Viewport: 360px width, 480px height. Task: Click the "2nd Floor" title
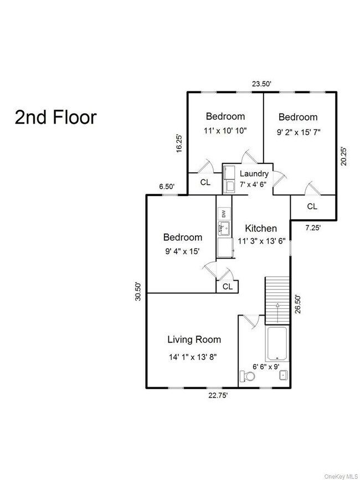pyautogui.click(x=56, y=117)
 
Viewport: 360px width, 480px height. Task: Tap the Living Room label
pyautogui.click(x=194, y=339)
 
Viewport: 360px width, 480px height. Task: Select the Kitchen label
pyautogui.click(x=261, y=228)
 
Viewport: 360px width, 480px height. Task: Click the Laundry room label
pyautogui.click(x=254, y=174)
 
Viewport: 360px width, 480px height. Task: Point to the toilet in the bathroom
pyautogui.click(x=247, y=376)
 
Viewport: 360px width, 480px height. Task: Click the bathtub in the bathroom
pyautogui.click(x=277, y=343)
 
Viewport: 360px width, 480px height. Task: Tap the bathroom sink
pyautogui.click(x=284, y=375)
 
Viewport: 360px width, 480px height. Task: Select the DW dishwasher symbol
pyautogui.click(x=224, y=214)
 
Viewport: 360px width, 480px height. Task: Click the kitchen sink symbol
pyautogui.click(x=224, y=228)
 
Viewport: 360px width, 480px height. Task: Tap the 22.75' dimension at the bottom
pyautogui.click(x=218, y=395)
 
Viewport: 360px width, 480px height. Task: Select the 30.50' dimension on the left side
pyautogui.click(x=138, y=292)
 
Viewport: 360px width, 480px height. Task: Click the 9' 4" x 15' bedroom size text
pyautogui.click(x=182, y=252)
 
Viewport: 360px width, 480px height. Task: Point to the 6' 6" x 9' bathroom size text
pyautogui.click(x=266, y=366)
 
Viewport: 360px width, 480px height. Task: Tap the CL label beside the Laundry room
pyautogui.click(x=205, y=183)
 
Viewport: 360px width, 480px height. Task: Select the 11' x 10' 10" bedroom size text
pyautogui.click(x=225, y=131)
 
